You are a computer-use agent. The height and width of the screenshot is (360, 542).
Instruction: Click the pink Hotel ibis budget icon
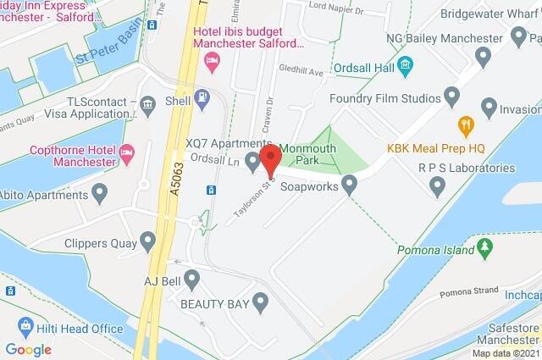tap(212, 59)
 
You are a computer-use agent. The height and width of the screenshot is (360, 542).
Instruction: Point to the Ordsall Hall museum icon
tap(405, 64)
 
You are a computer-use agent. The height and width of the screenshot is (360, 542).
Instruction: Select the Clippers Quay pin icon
tap(149, 244)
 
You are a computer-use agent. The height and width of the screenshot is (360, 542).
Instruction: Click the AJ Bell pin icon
tap(192, 278)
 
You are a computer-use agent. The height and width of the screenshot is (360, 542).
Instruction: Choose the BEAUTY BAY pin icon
tap(260, 301)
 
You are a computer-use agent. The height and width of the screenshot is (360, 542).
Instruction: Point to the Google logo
tap(28, 349)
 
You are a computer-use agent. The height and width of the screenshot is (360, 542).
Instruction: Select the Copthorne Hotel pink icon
tap(128, 154)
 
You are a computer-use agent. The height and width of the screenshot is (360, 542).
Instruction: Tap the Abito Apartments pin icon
tap(101, 195)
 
